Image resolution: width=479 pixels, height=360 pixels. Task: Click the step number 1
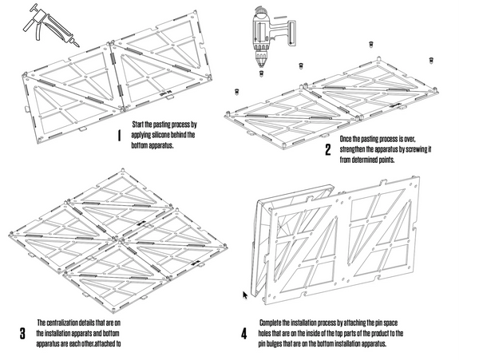(119, 136)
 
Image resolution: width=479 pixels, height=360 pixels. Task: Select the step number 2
(327, 150)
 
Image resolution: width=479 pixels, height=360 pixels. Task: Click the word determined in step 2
(362, 160)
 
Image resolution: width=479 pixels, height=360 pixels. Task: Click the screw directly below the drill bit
(261, 73)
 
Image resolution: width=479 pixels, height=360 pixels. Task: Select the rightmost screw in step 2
(431, 59)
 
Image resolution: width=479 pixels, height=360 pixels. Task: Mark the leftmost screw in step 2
(236, 91)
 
